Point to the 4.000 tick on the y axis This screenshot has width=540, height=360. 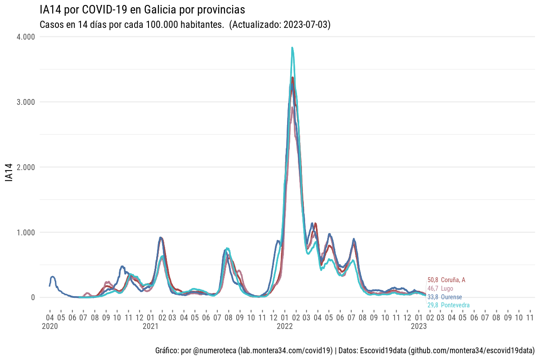click(x=26, y=37)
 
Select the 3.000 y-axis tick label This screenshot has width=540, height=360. click(x=26, y=102)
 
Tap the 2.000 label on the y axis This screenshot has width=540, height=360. click(x=26, y=167)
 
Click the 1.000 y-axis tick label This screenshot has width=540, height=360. click(x=26, y=233)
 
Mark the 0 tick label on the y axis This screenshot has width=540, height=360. click(x=33, y=297)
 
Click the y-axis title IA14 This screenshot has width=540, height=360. click(x=9, y=173)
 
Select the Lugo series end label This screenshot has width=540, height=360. click(x=447, y=288)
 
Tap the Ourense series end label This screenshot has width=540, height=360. click(x=451, y=297)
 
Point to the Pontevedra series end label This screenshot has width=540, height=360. click(x=455, y=306)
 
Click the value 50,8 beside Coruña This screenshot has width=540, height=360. click(x=432, y=280)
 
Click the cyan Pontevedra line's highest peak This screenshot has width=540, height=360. click(x=292, y=48)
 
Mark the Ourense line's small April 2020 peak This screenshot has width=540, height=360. click(x=53, y=277)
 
